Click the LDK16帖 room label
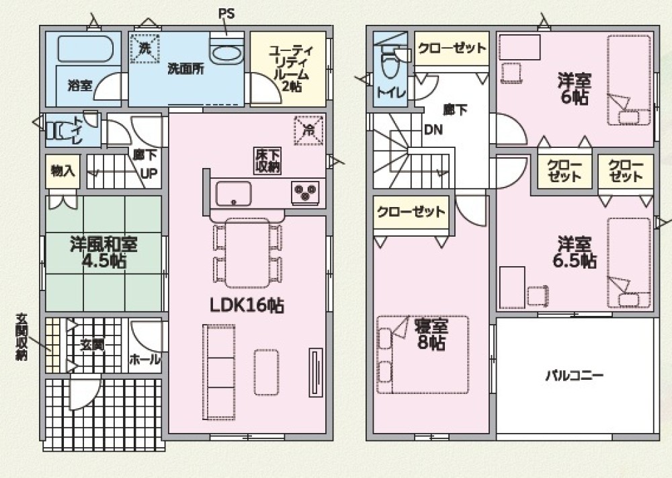(247, 305)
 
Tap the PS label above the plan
(226, 13)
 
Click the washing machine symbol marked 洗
(144, 48)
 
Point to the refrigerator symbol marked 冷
(308, 130)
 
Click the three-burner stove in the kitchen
(305, 191)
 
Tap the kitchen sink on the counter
(233, 194)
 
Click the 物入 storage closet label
(62, 171)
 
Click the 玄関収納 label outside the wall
(22, 337)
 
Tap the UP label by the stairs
(150, 173)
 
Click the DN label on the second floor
(433, 130)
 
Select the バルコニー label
(575, 376)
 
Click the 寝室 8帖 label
(431, 335)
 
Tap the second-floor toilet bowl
(389, 65)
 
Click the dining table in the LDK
(247, 253)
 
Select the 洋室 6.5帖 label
(575, 252)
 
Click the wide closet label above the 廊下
(452, 48)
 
